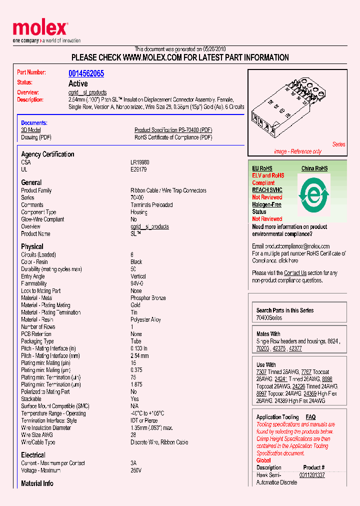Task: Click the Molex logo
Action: click(x=40, y=28)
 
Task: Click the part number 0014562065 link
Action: click(x=86, y=73)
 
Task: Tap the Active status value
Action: click(x=78, y=83)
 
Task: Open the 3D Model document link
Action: click(x=30, y=130)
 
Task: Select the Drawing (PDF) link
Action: click(x=36, y=137)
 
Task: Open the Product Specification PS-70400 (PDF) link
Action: click(x=173, y=130)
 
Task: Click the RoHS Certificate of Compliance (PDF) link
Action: click(x=173, y=137)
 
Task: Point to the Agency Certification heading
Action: click(x=47, y=154)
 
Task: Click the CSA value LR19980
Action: click(x=140, y=162)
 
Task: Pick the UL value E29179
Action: click(x=138, y=169)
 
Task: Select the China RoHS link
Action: click(x=314, y=168)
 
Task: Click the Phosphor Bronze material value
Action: click(x=148, y=298)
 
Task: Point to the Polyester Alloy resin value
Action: click(x=145, y=319)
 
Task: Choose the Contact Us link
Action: click(x=295, y=273)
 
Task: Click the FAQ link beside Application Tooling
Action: click(x=310, y=417)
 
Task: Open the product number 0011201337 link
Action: click(x=312, y=475)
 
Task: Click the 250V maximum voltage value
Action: click(x=136, y=470)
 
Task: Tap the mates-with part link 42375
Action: click(x=279, y=348)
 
